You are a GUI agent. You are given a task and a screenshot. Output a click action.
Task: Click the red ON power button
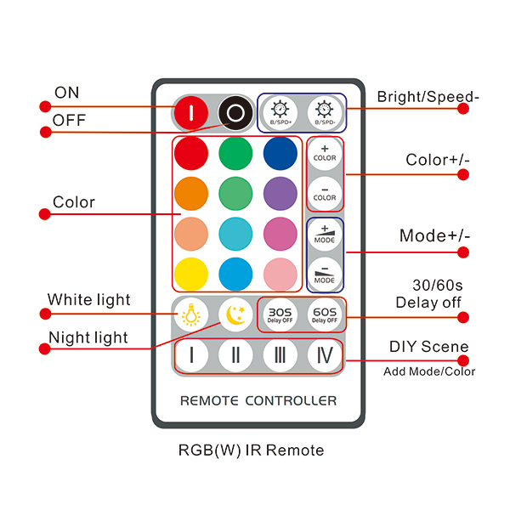pyautogui.click(x=192, y=112)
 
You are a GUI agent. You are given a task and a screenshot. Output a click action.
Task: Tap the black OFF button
pyautogui.click(x=235, y=112)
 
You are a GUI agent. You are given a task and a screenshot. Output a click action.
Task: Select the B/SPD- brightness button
pyautogui.click(x=325, y=112)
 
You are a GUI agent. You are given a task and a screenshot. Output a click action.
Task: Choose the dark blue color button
pyautogui.click(x=279, y=154)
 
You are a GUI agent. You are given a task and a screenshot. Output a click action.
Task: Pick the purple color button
pyautogui.click(x=279, y=193)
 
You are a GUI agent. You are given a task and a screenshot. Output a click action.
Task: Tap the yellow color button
pyautogui.click(x=191, y=274)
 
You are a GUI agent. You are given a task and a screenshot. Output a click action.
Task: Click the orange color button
pyautogui.click(x=191, y=193)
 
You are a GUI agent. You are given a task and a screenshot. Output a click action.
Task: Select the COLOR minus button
pyautogui.click(x=325, y=191)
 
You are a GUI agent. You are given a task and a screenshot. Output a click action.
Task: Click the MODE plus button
pyautogui.click(x=325, y=235)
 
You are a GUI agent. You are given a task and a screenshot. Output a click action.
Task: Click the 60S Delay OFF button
pyautogui.click(x=324, y=315)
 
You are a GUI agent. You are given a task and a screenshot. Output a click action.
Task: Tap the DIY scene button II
pyautogui.click(x=235, y=355)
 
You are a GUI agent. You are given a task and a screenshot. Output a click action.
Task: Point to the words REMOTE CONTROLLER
pyautogui.click(x=258, y=400)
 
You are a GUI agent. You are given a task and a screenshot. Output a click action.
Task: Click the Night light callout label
pyautogui.click(x=88, y=337)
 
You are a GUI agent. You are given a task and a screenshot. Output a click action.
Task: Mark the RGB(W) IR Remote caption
pyautogui.click(x=252, y=450)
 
